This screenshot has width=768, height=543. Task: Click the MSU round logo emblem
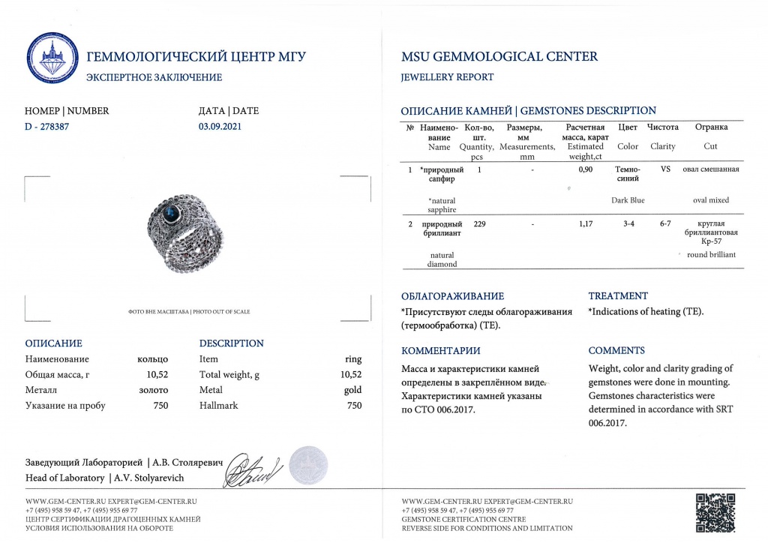point(52,58)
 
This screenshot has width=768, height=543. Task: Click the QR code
point(715,511)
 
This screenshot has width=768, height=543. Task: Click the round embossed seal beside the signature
point(308,465)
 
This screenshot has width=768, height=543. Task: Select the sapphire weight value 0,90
point(586,169)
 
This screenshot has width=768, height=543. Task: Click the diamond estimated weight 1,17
point(586,223)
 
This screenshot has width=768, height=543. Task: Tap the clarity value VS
point(664,169)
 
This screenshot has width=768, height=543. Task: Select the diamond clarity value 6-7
point(664,223)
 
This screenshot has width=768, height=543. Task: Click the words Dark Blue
point(628,200)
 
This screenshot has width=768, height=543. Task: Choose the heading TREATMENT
point(618,295)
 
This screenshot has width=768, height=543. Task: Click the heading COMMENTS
point(616,350)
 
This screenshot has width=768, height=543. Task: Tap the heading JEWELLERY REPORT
point(448,77)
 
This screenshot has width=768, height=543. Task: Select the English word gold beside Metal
point(352,390)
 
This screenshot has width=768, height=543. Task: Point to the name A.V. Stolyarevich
point(149,478)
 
